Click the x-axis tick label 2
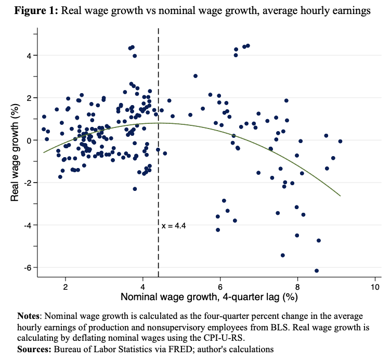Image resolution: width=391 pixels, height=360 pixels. (66, 287)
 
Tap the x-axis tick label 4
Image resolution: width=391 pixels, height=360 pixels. (143, 287)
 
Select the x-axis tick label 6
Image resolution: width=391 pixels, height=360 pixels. (220, 287)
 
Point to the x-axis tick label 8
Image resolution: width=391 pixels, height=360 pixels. (297, 287)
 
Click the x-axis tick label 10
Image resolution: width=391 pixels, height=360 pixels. (374, 287)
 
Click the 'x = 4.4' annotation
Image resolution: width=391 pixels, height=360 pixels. (174, 226)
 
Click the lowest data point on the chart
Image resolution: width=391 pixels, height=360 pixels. (317, 271)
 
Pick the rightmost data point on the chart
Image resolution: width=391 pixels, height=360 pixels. (340, 141)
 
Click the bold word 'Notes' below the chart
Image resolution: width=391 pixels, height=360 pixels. (29, 316)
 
